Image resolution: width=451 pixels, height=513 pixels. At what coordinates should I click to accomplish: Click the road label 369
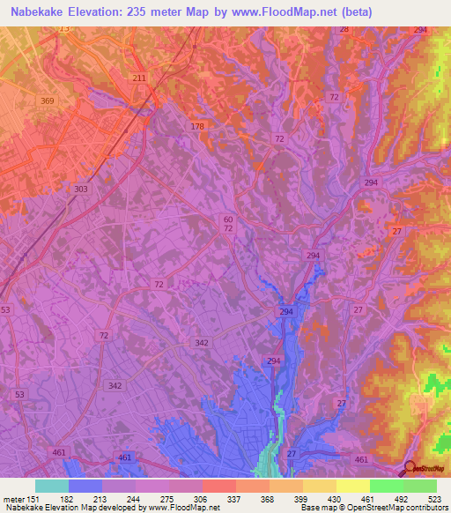[48, 101]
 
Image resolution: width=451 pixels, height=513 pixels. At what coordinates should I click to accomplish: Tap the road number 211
[139, 78]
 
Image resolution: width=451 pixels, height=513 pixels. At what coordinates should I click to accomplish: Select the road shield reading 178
[197, 127]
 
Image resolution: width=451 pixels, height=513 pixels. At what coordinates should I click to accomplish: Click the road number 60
[228, 219]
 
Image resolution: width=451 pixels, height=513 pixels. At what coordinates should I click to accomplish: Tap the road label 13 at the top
[63, 29]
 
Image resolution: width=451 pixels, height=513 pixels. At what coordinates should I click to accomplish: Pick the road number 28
[344, 29]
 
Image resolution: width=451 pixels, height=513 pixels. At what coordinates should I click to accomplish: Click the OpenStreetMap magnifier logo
[410, 470]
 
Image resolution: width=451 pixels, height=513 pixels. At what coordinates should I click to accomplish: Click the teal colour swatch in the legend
[51, 485]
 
